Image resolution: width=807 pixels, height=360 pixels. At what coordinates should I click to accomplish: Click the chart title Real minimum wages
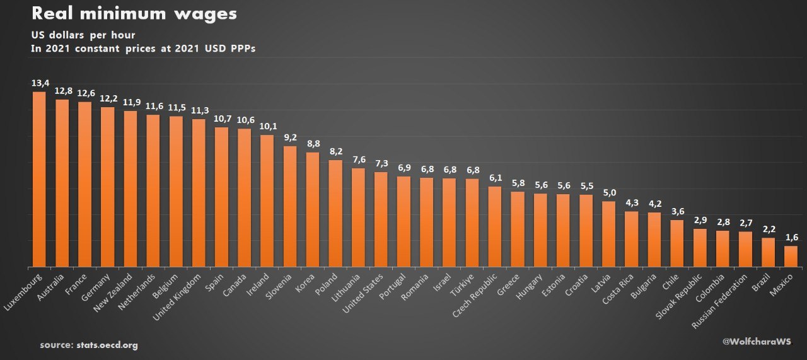(134, 14)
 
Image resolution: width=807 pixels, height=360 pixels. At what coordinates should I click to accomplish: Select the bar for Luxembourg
(39, 180)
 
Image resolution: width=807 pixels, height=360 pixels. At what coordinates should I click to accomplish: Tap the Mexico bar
(791, 256)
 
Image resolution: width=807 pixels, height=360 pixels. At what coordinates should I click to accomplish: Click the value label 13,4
(39, 83)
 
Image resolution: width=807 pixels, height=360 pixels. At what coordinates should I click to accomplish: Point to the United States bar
(380, 219)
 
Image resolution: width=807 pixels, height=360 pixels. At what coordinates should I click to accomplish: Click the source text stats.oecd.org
(88, 345)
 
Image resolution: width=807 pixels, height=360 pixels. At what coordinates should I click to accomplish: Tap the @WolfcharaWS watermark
(757, 341)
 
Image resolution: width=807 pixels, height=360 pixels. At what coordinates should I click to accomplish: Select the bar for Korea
(312, 209)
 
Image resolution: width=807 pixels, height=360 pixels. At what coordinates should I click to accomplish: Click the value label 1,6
(791, 237)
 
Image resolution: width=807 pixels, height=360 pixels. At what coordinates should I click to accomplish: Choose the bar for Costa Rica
(631, 239)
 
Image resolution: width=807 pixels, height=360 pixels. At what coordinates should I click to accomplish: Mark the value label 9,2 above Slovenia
(289, 137)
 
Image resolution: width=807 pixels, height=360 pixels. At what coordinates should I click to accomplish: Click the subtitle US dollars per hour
(83, 35)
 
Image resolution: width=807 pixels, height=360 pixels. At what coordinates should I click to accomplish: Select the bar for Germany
(107, 187)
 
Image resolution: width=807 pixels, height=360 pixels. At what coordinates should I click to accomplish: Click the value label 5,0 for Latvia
(608, 193)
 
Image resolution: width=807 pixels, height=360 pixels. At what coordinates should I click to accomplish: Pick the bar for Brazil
(768, 252)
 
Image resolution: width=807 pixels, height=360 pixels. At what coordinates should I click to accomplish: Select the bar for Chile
(676, 243)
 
